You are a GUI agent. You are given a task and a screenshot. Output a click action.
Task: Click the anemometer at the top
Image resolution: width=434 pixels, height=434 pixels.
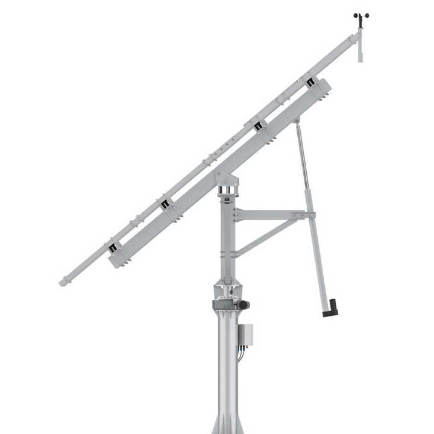tap(360, 17)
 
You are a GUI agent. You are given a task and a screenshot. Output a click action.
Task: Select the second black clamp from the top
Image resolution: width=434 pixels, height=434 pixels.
tap(259, 126)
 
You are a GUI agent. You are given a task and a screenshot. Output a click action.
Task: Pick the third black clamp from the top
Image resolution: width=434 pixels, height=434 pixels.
tap(165, 203)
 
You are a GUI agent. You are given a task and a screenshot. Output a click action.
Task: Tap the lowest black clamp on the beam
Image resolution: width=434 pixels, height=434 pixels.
tap(113, 247)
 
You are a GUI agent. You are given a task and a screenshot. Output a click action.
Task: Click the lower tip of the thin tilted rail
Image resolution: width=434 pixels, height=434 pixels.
tap(64, 281)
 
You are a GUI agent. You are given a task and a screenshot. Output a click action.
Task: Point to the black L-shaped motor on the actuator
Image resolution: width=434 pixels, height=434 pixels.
tap(330, 309)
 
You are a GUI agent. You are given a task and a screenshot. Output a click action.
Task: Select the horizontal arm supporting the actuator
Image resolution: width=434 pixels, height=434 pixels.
tap(271, 215)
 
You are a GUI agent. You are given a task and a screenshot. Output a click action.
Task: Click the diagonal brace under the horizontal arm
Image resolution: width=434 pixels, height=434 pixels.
tap(265, 236)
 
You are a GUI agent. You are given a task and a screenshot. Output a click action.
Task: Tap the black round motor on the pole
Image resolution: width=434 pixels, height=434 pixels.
tap(244, 306)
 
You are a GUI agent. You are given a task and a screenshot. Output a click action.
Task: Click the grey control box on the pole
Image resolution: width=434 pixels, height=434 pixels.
tap(245, 337)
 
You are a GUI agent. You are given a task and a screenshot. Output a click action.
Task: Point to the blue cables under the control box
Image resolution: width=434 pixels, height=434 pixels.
tap(241, 355)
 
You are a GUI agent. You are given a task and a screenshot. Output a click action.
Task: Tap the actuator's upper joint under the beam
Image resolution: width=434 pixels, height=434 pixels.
tap(295, 122)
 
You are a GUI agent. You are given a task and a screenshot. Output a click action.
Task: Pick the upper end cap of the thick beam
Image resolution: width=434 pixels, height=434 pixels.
tap(323, 88)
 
